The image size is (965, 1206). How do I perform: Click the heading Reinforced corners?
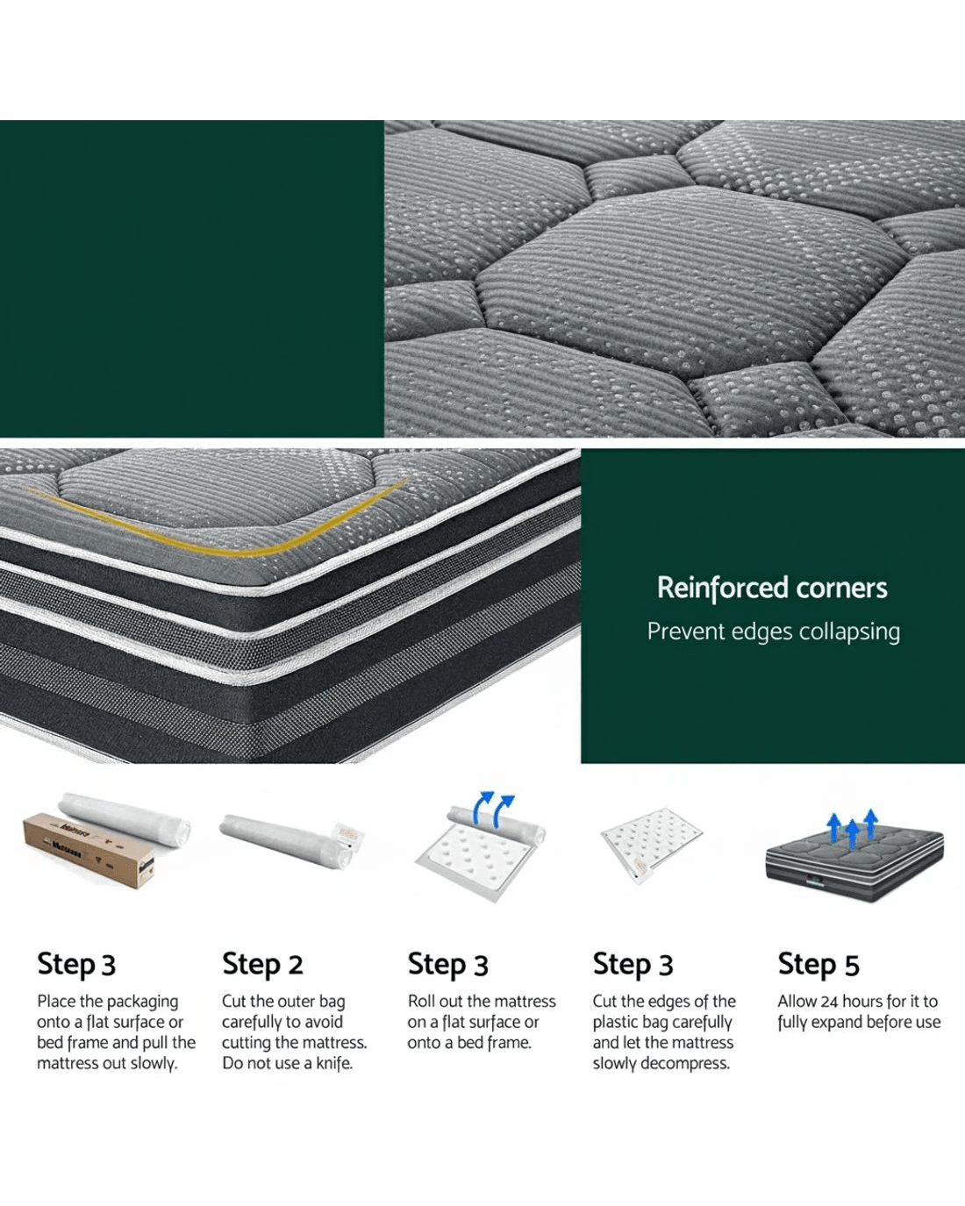tap(772, 588)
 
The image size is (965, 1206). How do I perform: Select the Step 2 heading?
tap(262, 965)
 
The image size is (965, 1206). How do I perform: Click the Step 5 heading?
tap(818, 965)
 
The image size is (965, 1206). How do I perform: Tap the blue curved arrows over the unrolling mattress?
tap(493, 808)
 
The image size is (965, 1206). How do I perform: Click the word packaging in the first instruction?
tap(142, 1002)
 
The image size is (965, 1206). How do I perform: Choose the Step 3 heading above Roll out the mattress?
tap(448, 965)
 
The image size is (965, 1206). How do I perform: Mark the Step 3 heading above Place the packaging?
tap(76, 965)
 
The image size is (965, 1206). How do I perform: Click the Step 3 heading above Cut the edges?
tap(633, 965)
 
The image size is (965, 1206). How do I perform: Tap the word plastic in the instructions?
tap(615, 1023)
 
